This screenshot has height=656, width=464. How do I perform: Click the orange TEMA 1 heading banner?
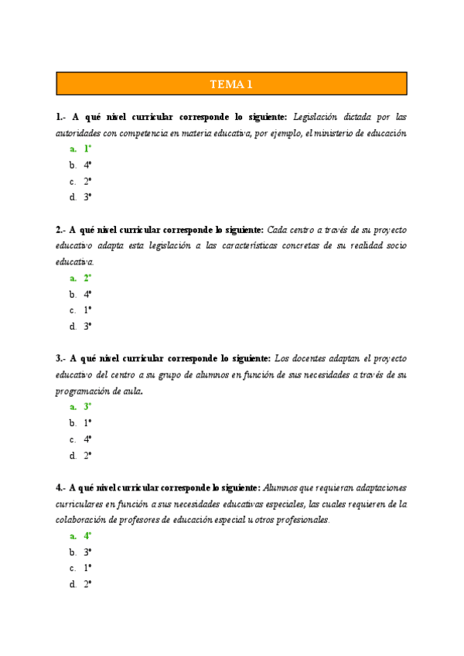click(231, 84)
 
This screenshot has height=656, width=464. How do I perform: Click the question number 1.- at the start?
click(61, 117)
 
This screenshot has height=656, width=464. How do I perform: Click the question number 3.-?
click(61, 359)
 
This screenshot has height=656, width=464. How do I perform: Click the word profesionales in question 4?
click(298, 521)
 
